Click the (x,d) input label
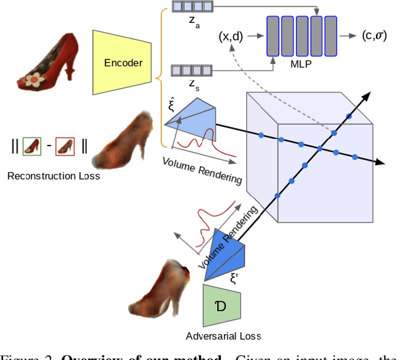(231, 36)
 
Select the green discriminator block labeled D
(221, 305)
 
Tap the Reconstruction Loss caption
(54, 176)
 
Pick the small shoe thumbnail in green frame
(32, 146)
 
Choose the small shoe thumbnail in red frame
(65, 146)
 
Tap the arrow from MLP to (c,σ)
(348, 35)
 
